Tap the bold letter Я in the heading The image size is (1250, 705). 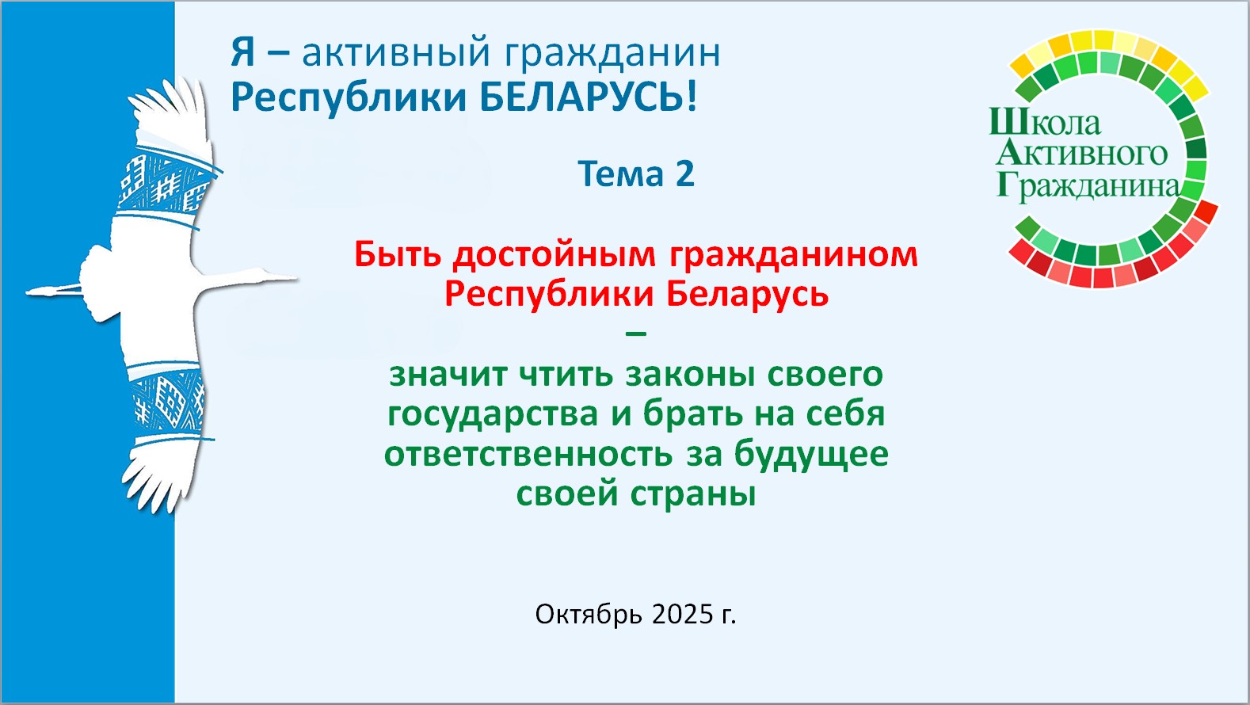(242, 52)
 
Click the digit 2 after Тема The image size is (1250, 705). (685, 173)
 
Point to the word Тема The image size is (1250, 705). (620, 173)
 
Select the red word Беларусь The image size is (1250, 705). (748, 295)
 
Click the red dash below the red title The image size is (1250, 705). (636, 333)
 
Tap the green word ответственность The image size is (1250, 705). (528, 455)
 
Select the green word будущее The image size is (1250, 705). (811, 454)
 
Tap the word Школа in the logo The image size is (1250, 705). (1045, 122)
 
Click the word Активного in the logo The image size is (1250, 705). (1081, 153)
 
